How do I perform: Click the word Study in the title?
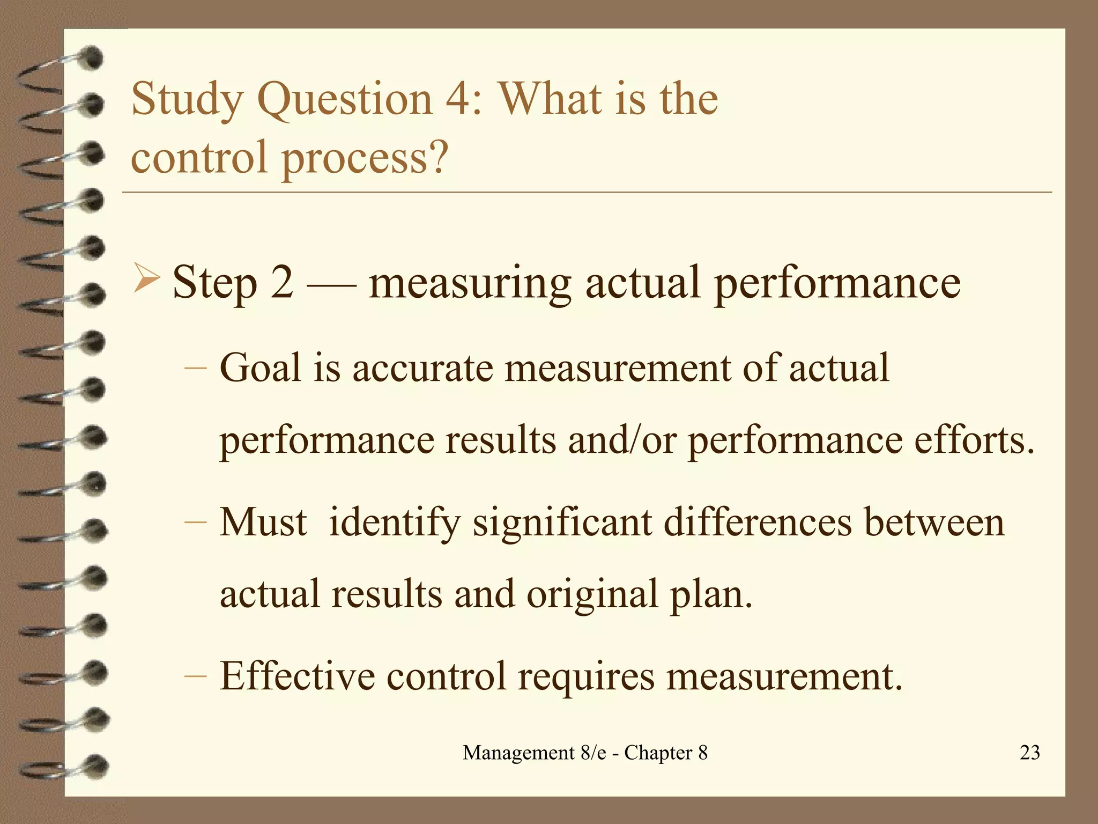coord(186,100)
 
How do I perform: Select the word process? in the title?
coord(365,159)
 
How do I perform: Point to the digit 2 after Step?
coord(282,283)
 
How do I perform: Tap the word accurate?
coord(422,369)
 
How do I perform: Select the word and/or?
coord(622,440)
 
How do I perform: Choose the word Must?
coord(263,522)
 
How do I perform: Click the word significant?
coord(562,523)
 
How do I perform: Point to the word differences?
coord(758,522)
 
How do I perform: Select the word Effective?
coord(297,676)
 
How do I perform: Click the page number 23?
coord(1030,753)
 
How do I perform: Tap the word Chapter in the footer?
coord(658,753)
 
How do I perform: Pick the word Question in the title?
coord(345,100)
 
